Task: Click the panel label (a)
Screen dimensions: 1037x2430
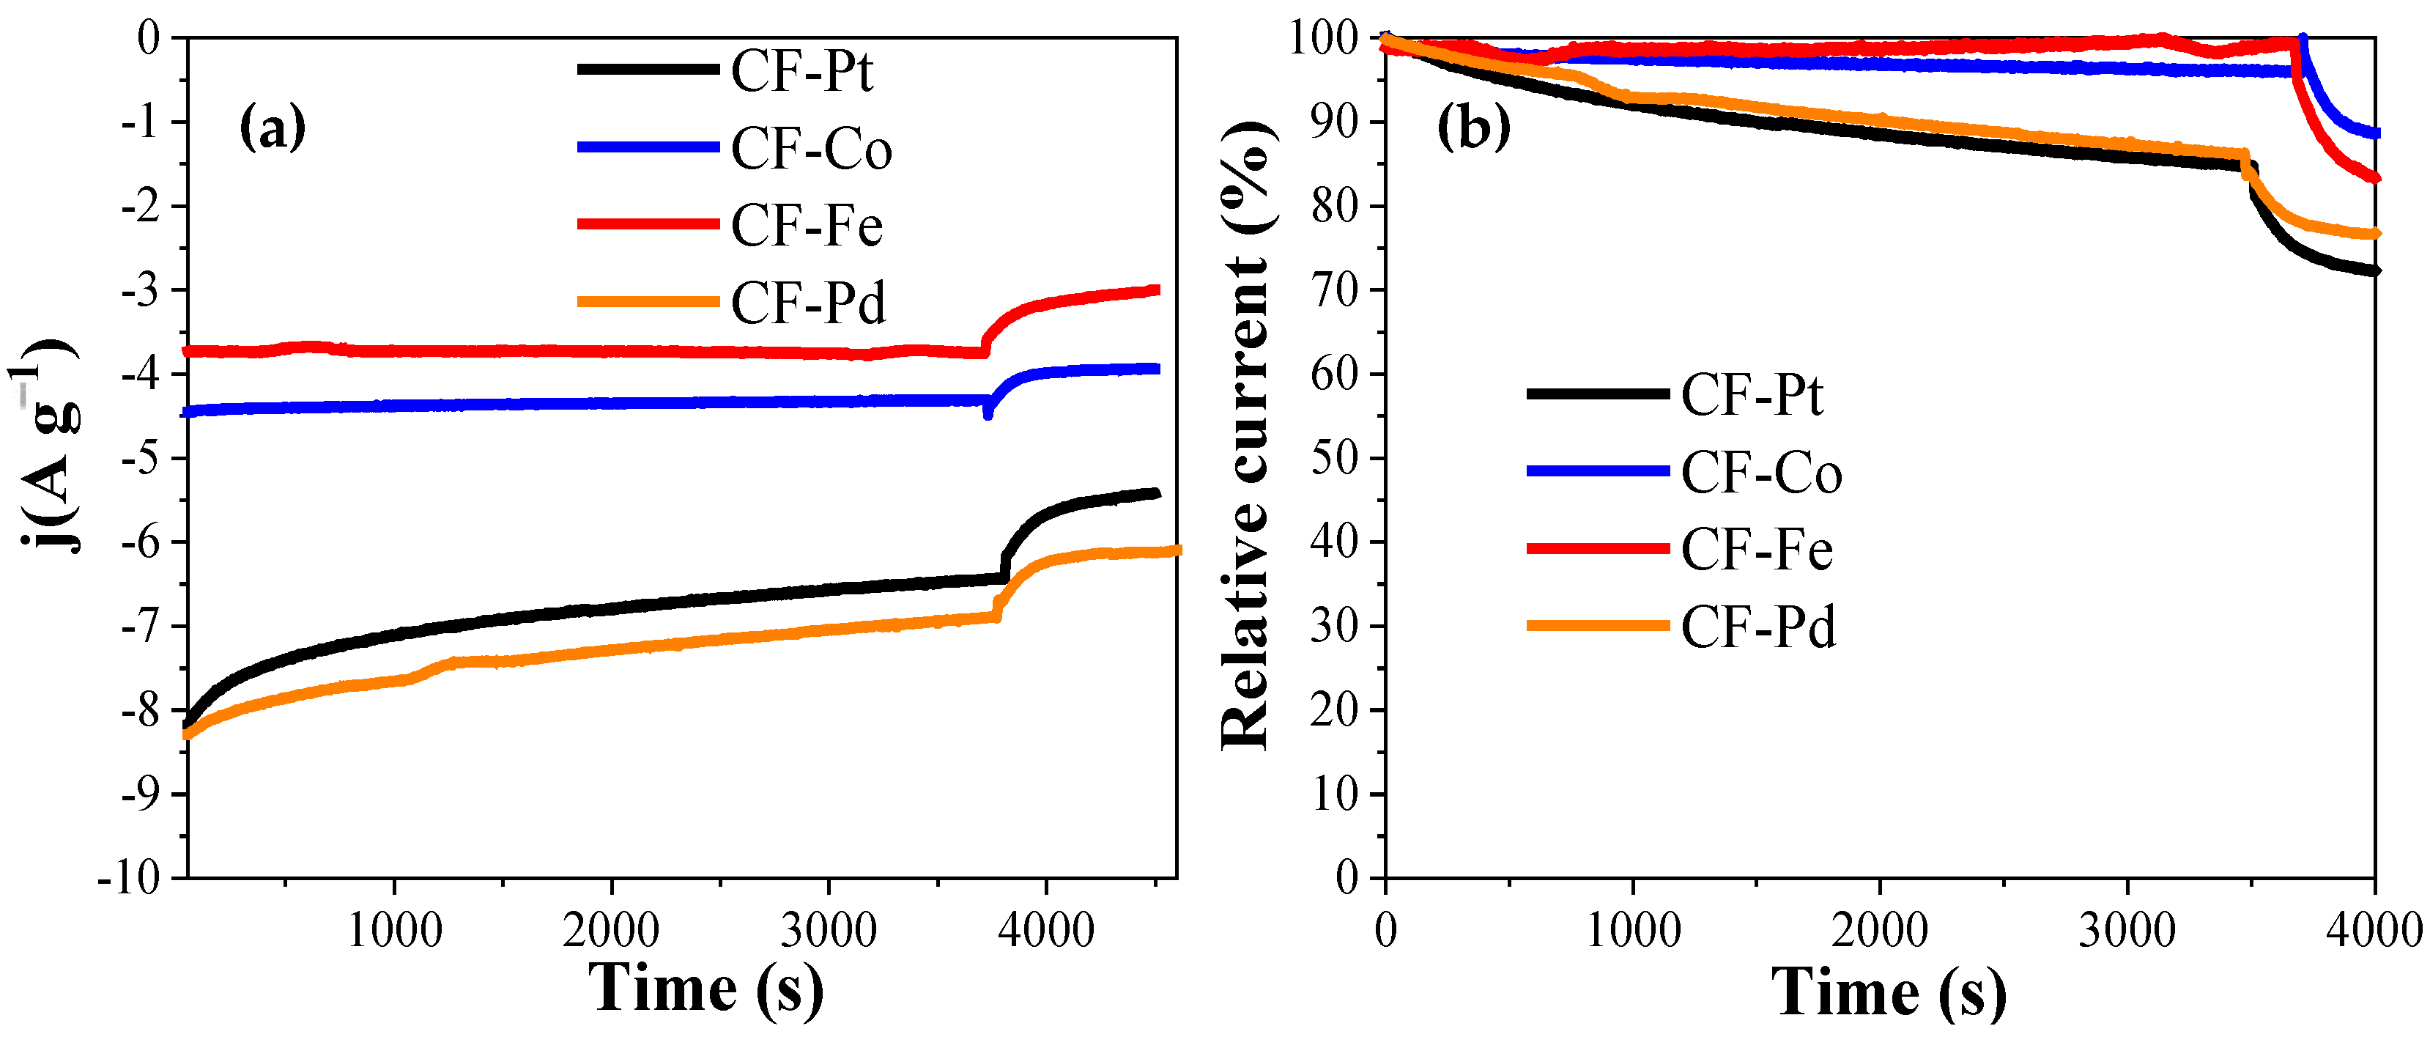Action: tap(273, 127)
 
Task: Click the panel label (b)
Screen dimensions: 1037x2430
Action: tap(1473, 127)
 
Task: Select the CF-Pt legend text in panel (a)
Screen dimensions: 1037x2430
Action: tap(802, 71)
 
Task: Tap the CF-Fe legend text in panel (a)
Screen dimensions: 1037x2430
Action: tap(807, 226)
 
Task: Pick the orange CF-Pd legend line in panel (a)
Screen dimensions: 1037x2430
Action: tap(648, 302)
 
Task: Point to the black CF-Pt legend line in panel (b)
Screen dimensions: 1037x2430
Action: tap(1597, 394)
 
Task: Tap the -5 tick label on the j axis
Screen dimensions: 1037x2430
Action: tap(141, 457)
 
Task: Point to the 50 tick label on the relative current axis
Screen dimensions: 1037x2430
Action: tap(1334, 457)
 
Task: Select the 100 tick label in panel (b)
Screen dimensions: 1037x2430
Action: tap(1324, 39)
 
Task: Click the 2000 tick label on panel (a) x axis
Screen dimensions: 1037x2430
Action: tap(610, 931)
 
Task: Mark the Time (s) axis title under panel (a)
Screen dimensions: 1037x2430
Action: tap(705, 988)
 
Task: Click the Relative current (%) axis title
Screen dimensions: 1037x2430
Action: tap(1247, 436)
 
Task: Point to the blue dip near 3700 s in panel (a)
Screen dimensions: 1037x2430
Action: tap(988, 413)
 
